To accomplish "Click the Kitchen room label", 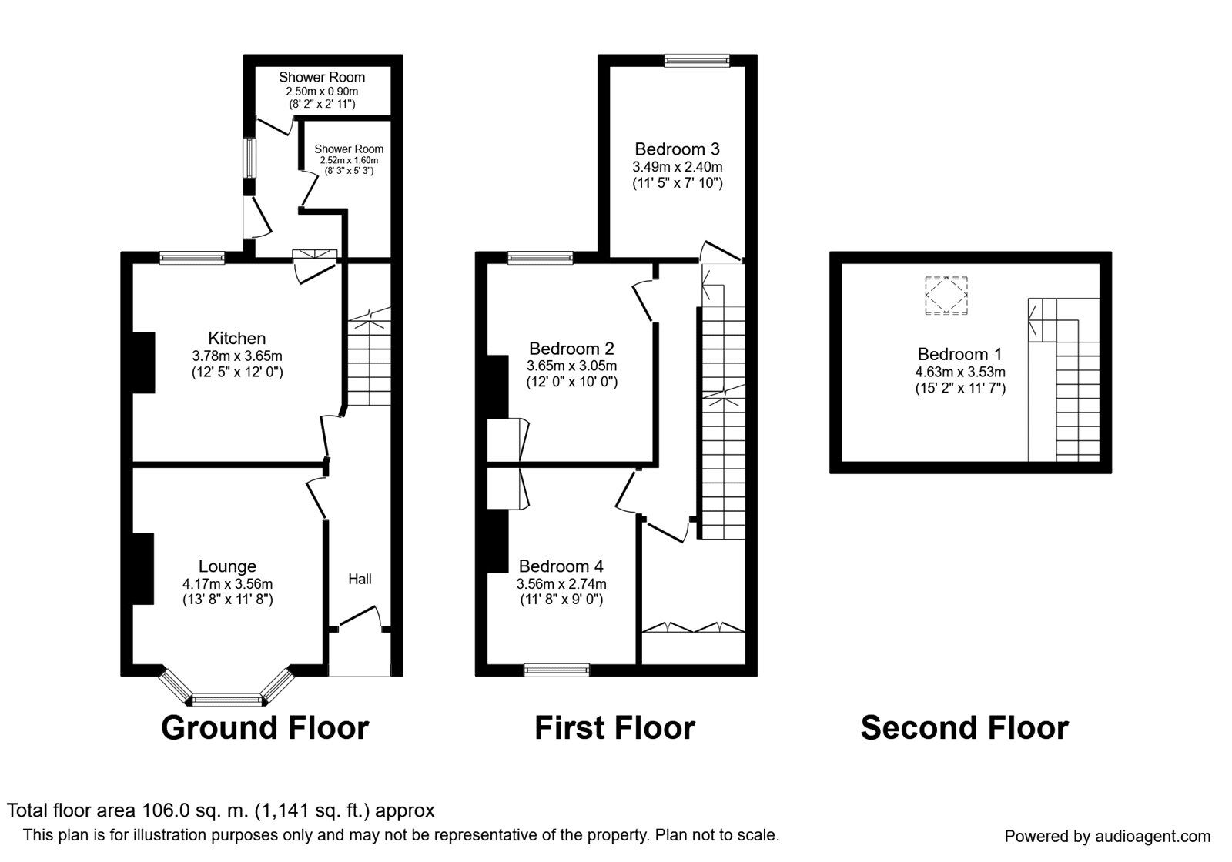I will (237, 338).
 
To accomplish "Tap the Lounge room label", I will (227, 566).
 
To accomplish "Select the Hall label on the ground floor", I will (360, 579).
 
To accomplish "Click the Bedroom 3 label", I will (678, 149).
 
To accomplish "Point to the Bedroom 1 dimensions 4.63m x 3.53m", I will (959, 372).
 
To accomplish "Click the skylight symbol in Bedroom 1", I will (946, 296).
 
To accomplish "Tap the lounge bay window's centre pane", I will (228, 700).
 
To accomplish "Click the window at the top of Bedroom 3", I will (697, 60).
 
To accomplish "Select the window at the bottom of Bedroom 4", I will (557, 670).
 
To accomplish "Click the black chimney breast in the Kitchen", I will (143, 363).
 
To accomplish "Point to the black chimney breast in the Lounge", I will (142, 569).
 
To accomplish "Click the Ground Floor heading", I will (265, 727).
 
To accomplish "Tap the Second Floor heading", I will (964, 727).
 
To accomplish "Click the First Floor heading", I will (614, 727).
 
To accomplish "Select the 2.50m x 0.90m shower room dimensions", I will (322, 91).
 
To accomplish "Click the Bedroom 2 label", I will (571, 349).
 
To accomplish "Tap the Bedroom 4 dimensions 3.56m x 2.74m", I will (561, 583).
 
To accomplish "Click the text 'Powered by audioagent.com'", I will (1107, 836).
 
